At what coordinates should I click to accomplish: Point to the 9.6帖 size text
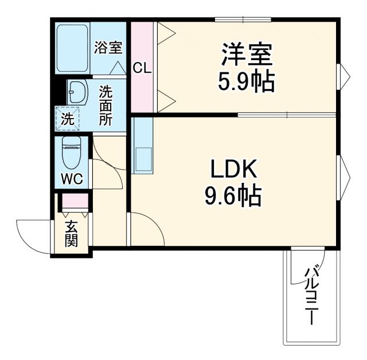pos(233,197)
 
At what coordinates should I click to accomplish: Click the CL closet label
pos(142,68)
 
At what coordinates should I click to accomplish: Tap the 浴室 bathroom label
pos(108,47)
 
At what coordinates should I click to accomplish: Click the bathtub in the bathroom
pos(72,48)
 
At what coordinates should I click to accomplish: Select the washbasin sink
pos(77,92)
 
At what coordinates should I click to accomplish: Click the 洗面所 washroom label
pos(106,105)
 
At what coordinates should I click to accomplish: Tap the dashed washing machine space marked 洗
pos(68,119)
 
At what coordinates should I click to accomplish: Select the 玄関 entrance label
pos(71,234)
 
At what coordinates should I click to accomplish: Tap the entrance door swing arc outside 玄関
pos(32,235)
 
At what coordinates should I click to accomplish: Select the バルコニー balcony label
pos(312,295)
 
